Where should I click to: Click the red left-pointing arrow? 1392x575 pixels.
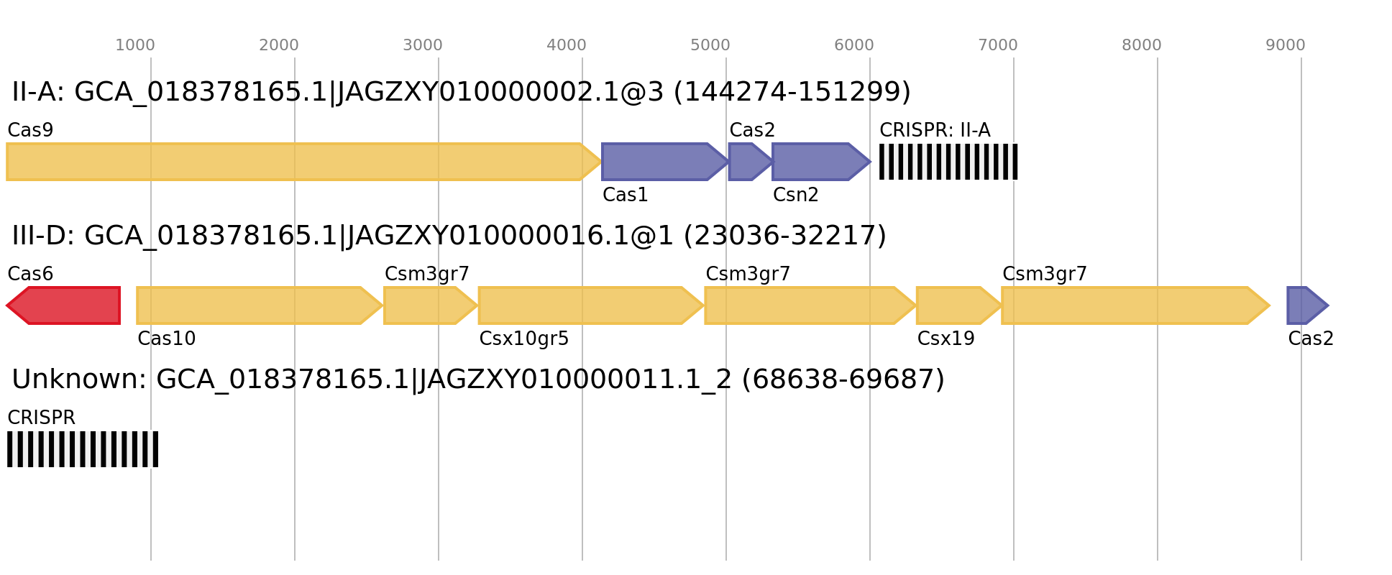65,305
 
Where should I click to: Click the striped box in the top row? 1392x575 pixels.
948,162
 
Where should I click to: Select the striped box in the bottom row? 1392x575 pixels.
83,449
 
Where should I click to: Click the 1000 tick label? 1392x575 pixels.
135,45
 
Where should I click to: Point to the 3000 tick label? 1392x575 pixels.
423,45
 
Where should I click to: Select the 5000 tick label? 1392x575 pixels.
710,45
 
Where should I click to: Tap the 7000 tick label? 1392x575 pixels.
998,45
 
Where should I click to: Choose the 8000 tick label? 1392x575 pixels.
1142,45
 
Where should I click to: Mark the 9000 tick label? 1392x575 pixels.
1286,45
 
